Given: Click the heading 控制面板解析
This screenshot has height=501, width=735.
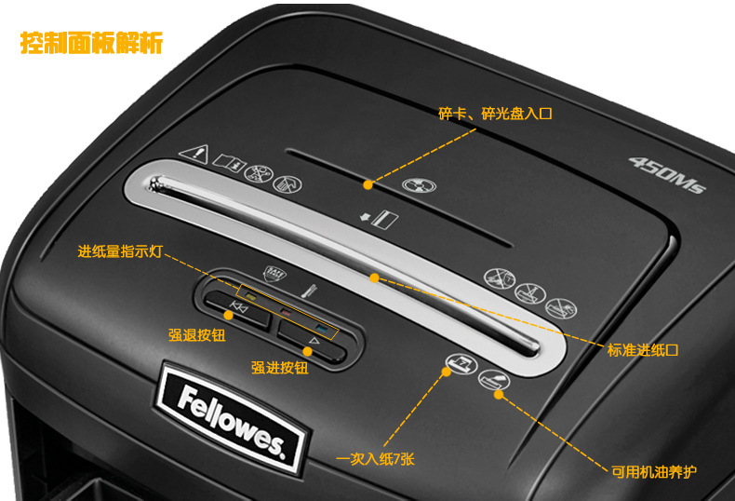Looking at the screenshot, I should coord(92,43).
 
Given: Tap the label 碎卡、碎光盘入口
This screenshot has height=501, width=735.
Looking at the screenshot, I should coord(495,114).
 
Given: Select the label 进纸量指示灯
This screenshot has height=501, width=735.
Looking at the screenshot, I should coord(120,250).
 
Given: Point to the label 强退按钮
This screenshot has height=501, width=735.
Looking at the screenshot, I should coord(198,335).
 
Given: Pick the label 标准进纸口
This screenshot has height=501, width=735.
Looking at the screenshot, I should coord(643,350).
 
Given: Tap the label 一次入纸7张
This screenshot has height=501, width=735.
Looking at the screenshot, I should coord(375,458).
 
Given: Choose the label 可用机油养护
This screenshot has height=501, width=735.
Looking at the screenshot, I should coord(654,471).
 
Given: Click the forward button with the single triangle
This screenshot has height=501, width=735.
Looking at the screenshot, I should coord(313,344).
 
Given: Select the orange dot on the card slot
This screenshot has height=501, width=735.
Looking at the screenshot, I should coord(369,184).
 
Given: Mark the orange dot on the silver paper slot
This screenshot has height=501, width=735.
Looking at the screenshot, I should coord(374,278).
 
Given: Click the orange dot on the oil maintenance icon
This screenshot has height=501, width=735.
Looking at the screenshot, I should coord(499,394).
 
